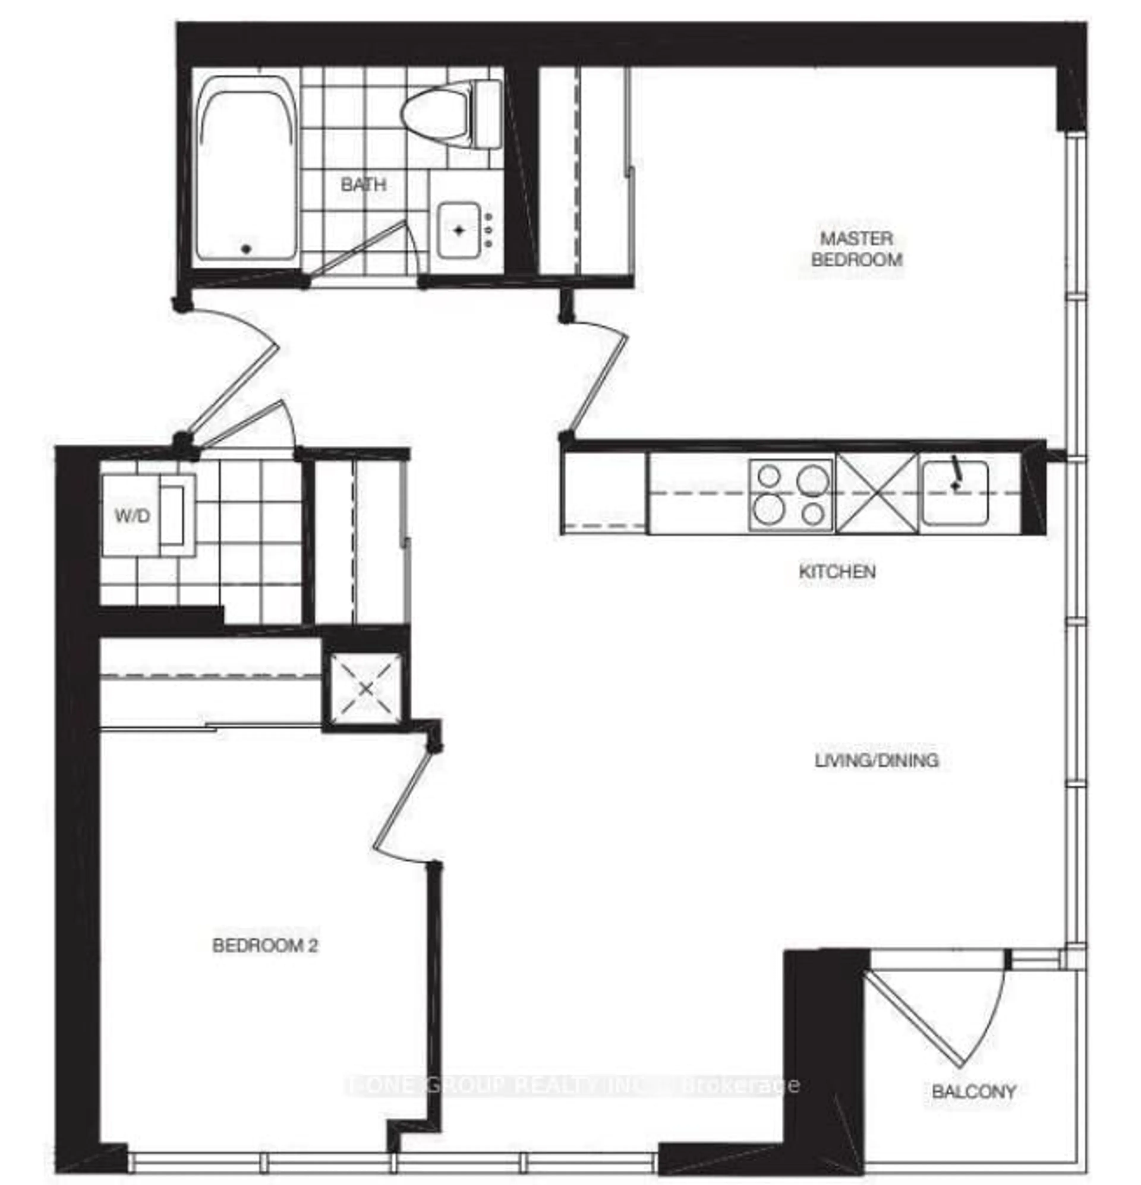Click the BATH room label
[363, 184]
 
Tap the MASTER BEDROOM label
[856, 249]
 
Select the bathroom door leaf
[357, 248]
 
